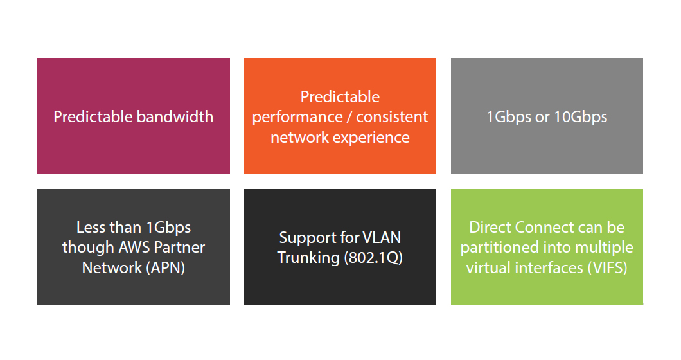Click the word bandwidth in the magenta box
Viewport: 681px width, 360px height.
175,116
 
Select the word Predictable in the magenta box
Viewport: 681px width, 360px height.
93,116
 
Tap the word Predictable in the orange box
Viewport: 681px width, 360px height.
340,96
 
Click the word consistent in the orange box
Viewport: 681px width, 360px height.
392,116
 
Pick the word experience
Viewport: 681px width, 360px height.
371,138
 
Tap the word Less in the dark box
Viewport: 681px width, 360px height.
92,227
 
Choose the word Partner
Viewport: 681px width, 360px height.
179,247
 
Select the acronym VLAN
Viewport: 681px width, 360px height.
382,237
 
